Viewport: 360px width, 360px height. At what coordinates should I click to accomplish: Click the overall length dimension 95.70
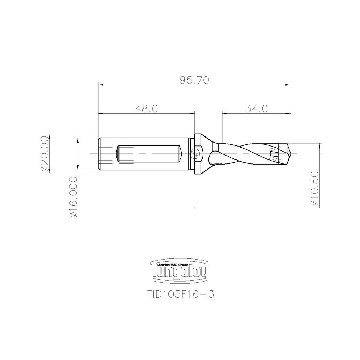click(195, 80)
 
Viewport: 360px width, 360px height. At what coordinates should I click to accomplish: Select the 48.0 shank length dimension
click(147, 109)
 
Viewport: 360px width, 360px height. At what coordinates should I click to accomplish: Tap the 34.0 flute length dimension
click(257, 109)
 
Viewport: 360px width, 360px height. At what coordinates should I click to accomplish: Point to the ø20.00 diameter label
click(45, 154)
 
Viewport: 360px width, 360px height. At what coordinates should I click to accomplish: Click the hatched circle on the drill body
click(195, 154)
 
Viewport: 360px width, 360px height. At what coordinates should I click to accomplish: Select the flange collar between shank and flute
click(199, 154)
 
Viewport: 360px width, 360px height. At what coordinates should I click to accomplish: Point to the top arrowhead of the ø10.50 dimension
click(319, 146)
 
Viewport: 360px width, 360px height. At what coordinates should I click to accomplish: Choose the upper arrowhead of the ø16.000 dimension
click(77, 140)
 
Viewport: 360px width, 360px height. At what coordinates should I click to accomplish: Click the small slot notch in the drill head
click(274, 154)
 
